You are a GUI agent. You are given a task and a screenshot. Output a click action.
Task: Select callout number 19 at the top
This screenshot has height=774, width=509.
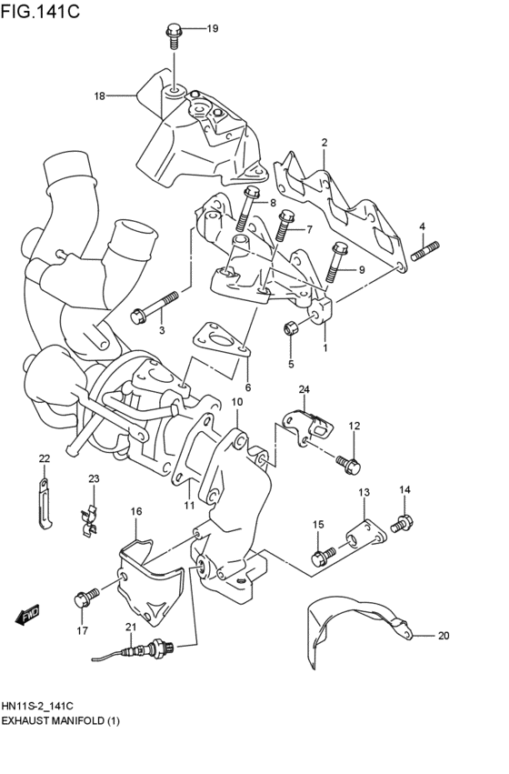tap(212, 29)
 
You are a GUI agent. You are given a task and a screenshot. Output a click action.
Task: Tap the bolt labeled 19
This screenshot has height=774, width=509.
tap(175, 35)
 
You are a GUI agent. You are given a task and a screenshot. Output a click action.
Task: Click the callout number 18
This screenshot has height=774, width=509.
tap(99, 95)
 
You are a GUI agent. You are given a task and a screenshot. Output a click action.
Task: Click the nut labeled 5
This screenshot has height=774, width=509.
tap(291, 328)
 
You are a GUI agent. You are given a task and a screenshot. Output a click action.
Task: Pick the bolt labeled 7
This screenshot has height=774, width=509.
tap(285, 224)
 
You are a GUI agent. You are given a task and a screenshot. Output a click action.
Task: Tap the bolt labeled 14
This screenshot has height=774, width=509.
tap(401, 524)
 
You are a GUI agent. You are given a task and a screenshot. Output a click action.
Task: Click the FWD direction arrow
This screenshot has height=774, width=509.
tap(28, 616)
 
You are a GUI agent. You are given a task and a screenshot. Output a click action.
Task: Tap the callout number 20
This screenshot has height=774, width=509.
tap(444, 636)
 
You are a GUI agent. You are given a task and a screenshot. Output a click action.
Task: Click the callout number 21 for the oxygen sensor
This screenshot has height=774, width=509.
tap(130, 628)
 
